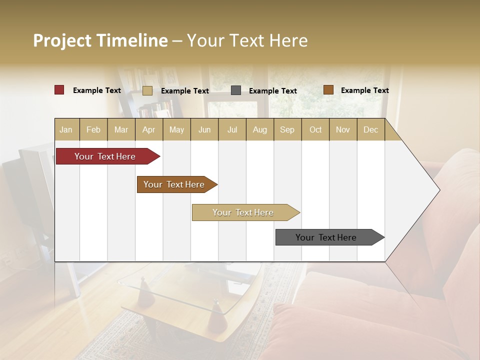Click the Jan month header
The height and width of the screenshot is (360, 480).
pos(66,130)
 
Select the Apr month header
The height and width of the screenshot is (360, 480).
pos(148,130)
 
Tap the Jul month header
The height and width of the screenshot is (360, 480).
pos(232,130)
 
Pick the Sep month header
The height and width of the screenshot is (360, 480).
pos(287,130)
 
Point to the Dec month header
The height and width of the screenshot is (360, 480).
pos(370,130)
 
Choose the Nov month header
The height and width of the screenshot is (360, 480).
pos(342,130)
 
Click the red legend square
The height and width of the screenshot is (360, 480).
pos(59,90)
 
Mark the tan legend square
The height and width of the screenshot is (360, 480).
pos(147,90)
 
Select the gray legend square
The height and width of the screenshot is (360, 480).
pos(236,90)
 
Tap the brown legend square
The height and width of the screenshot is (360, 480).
pos(328,90)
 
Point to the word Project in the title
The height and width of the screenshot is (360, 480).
pos(61,40)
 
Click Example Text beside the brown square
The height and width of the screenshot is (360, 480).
pos(364,90)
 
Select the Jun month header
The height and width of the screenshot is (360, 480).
pos(204,130)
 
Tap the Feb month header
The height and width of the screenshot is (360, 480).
pos(93,130)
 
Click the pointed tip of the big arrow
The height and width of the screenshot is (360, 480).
pos(438,190)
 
